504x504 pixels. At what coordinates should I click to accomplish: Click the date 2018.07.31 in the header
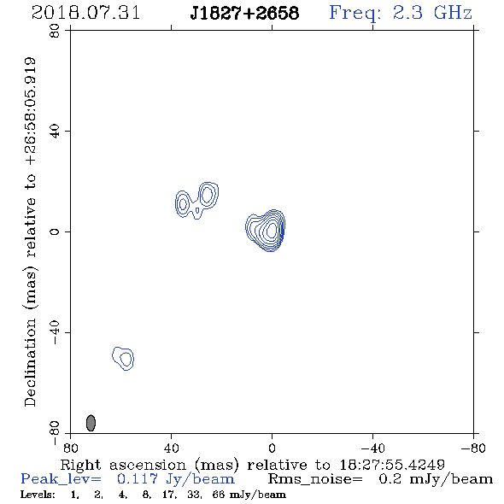[85, 13]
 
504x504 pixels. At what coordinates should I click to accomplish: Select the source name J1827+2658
[244, 13]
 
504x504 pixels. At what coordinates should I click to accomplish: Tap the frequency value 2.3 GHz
[432, 13]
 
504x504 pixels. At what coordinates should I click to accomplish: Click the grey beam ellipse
[91, 423]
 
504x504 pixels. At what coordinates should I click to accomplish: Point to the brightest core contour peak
[272, 230]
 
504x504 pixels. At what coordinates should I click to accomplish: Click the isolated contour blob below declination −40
[123, 359]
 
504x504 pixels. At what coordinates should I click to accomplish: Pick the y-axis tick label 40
[55, 132]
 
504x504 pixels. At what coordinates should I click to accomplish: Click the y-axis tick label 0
[55, 231]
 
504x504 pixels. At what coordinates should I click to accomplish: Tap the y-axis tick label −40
[55, 332]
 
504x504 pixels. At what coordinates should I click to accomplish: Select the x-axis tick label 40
[171, 448]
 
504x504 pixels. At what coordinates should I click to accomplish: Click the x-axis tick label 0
[272, 448]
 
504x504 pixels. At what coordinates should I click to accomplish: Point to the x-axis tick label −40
[372, 448]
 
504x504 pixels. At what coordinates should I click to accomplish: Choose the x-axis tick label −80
[473, 448]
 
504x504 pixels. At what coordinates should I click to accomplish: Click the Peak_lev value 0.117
[138, 479]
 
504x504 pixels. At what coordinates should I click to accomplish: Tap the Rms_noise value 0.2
[390, 479]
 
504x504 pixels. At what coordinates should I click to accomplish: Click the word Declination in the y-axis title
[30, 362]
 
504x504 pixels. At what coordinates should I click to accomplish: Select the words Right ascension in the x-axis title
[123, 465]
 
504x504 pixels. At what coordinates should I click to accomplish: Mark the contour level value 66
[219, 494]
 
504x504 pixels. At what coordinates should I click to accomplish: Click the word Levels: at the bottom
[38, 494]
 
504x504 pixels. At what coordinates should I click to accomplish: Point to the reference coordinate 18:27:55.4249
[392, 465]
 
